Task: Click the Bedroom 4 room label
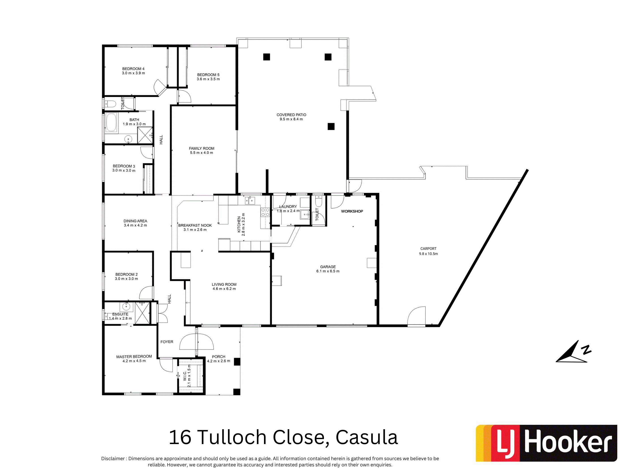133,69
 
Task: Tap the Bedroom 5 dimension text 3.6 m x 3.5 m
208,79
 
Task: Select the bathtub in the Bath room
111,123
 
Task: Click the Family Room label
202,149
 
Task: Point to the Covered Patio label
291,115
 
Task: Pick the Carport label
428,249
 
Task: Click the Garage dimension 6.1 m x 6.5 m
328,271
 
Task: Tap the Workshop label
352,211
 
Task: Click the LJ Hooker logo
546,443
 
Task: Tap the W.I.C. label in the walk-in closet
185,376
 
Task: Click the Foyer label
167,342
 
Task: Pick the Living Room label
224,284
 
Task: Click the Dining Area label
135,221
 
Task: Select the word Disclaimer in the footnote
113,459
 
